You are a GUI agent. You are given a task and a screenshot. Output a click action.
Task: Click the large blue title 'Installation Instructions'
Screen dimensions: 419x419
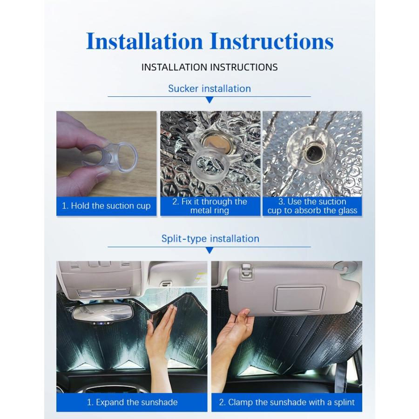tap(210, 41)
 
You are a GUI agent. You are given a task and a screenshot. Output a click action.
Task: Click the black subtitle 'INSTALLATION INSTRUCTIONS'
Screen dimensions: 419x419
tap(209, 67)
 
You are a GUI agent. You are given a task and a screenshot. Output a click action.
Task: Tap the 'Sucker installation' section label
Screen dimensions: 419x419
tap(209, 88)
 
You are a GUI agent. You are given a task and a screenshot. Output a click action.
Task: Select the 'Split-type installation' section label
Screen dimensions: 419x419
tap(210, 238)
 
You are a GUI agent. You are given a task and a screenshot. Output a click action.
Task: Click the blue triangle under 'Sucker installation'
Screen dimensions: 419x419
tap(210, 100)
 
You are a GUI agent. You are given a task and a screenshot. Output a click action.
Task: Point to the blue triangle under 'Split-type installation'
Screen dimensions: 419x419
tap(210, 250)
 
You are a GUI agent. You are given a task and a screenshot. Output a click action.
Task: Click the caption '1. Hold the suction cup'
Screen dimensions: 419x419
tap(106, 206)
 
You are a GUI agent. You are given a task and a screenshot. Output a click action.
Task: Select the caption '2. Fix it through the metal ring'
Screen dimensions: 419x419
tap(210, 206)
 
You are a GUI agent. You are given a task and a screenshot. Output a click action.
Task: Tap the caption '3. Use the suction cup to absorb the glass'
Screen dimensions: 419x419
tap(312, 206)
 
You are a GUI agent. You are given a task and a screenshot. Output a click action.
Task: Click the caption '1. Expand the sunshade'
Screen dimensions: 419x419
tap(132, 402)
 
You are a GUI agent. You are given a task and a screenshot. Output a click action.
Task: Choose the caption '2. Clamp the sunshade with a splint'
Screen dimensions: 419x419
tap(287, 402)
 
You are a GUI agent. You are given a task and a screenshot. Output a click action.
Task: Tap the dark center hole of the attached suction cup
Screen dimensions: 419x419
tap(311, 153)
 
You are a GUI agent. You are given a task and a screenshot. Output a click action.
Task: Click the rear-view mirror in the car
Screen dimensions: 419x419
tap(103, 313)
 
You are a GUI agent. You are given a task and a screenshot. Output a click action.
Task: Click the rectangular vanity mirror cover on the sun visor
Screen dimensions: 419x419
tap(300, 299)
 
